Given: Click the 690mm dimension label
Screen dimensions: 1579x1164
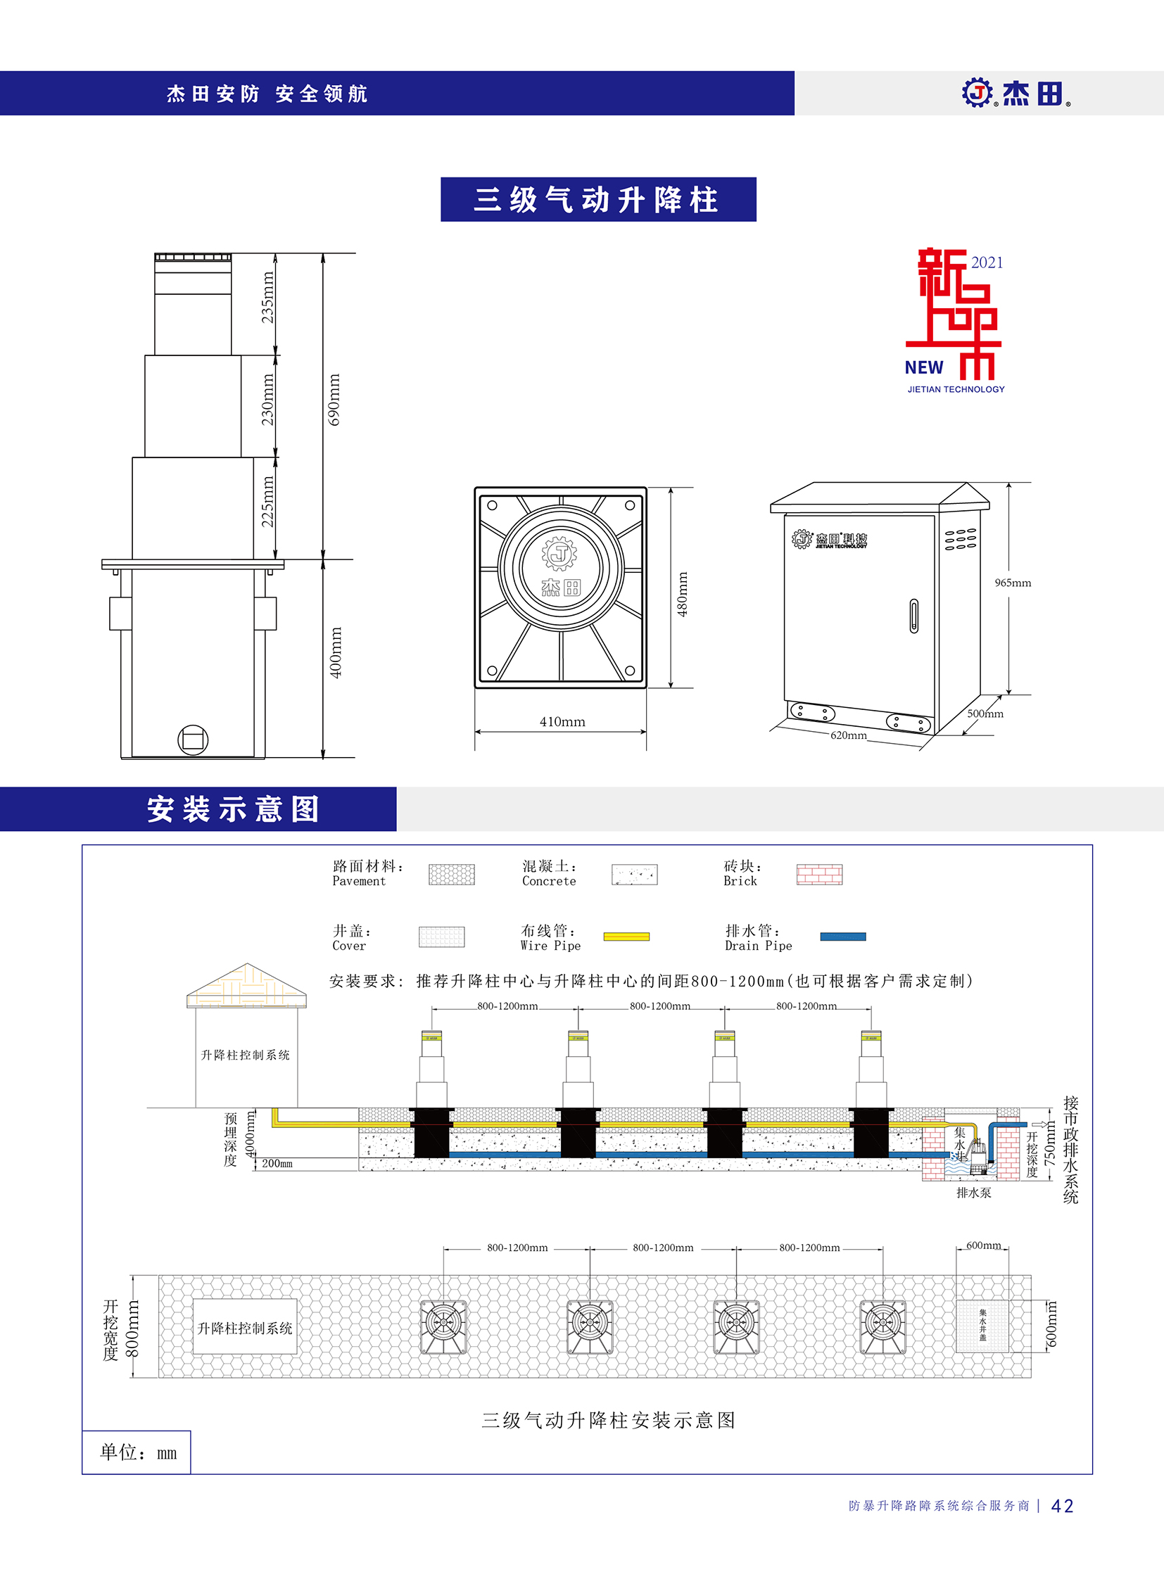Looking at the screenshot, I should click(x=335, y=400).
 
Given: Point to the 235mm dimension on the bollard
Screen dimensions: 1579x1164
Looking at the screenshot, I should click(x=267, y=298).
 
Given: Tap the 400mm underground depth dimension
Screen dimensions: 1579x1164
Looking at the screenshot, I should click(x=336, y=652).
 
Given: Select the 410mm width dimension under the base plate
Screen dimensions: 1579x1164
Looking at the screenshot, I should click(x=562, y=721).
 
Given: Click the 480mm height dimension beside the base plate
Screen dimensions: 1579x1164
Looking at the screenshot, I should click(x=682, y=594).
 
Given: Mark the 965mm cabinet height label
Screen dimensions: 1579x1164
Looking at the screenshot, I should click(x=1013, y=583).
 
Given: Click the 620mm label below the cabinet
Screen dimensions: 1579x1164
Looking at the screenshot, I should click(x=848, y=735).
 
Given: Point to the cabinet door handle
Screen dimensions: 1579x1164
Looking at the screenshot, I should click(x=914, y=615).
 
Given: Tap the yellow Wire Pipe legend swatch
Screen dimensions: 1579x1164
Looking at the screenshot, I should click(x=626, y=937).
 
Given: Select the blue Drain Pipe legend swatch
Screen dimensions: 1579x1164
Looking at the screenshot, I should click(x=842, y=937).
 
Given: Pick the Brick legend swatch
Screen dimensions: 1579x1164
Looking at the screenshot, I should click(x=819, y=875).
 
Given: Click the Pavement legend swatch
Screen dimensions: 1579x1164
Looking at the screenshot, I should click(x=452, y=875).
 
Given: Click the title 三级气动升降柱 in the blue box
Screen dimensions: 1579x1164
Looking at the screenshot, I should click(x=598, y=199).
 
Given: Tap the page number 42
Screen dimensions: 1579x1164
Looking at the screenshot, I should click(x=1062, y=1506).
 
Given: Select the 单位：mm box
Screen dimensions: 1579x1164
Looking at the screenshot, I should click(x=137, y=1452).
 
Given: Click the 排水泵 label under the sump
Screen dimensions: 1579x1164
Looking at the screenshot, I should click(x=973, y=1193).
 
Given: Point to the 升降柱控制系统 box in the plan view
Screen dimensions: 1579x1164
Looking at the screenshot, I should click(x=244, y=1328).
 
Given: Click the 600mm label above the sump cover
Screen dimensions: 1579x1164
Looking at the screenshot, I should click(x=983, y=1245).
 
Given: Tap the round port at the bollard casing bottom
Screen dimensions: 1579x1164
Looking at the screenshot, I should click(x=192, y=740).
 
